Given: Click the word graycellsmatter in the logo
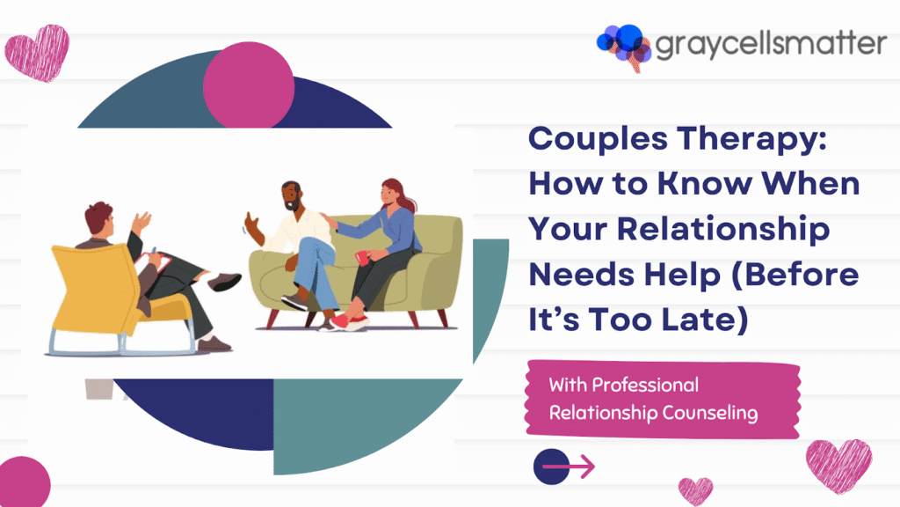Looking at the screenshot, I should [770, 45].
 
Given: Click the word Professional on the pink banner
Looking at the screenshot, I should [645, 385].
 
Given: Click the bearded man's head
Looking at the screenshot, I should [294, 200].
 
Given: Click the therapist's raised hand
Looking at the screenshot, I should [140, 221].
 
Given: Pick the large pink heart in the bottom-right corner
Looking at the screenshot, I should [838, 466].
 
